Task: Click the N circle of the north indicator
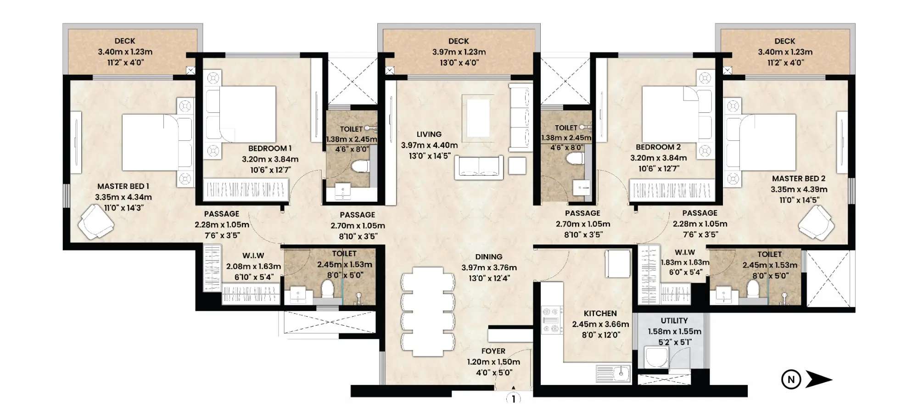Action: (x=791, y=379)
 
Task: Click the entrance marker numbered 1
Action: (x=513, y=399)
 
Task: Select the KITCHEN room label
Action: (x=600, y=313)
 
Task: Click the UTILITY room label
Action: (x=674, y=321)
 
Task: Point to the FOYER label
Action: (x=493, y=351)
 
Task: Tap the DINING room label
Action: (x=488, y=257)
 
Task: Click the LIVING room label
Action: (x=429, y=134)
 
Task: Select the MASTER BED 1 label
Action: (x=123, y=186)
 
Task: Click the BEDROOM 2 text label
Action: (x=658, y=147)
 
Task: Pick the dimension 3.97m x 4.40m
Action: (x=429, y=145)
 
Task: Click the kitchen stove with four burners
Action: (x=552, y=320)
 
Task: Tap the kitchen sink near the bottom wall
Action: (x=613, y=373)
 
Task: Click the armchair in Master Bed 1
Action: (x=95, y=222)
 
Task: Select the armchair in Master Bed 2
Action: (x=817, y=222)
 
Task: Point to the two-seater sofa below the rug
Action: (x=479, y=167)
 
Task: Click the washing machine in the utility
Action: (x=656, y=357)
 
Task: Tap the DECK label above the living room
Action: (x=459, y=41)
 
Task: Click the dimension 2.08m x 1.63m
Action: (x=253, y=267)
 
